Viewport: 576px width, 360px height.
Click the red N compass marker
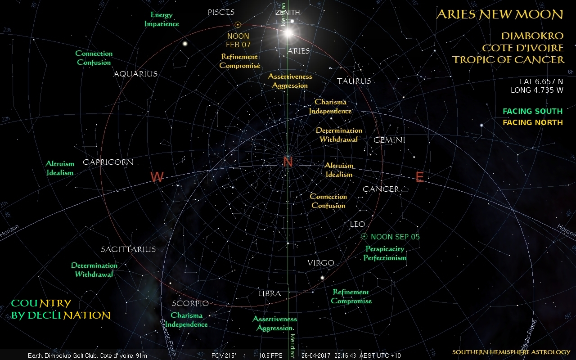288,162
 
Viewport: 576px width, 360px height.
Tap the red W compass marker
157,177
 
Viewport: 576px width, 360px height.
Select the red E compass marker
419,177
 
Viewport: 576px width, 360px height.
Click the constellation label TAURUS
354,81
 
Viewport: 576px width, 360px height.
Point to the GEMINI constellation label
389,140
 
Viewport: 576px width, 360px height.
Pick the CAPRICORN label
108,162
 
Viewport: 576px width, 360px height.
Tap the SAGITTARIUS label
128,249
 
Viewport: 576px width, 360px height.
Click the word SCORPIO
190,303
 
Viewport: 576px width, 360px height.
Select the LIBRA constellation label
269,293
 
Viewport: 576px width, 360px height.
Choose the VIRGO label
321,263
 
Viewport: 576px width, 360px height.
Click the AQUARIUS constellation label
135,74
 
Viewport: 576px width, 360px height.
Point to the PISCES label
221,13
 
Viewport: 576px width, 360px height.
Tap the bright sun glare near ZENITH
288,32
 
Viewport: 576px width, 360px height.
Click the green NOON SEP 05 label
395,237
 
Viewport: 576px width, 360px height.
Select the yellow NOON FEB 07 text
238,40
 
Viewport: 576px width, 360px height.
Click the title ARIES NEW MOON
499,14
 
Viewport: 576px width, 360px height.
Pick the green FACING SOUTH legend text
532,111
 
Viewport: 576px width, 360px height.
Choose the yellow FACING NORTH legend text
532,122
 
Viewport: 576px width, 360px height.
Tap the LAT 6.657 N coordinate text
541,81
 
